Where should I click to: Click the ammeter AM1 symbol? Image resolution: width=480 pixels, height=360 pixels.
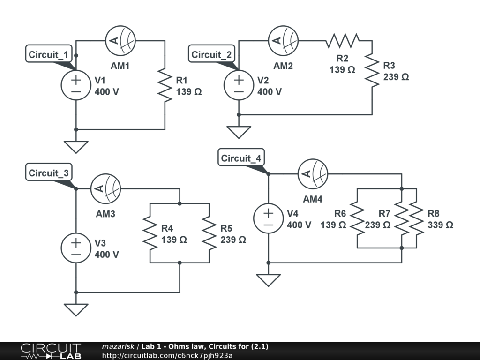tap(120, 41)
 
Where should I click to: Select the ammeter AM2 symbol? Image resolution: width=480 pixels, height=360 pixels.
tap(283, 41)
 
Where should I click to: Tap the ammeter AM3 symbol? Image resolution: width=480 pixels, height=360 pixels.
tap(105, 189)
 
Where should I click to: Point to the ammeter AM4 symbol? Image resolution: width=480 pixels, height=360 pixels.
tap(313, 174)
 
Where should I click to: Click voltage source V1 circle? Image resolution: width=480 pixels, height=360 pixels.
tap(76, 85)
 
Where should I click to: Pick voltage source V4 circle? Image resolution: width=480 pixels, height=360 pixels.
tap(268, 218)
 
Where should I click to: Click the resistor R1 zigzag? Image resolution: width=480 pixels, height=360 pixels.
tap(165, 85)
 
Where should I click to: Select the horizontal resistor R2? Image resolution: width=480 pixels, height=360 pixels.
tap(342, 41)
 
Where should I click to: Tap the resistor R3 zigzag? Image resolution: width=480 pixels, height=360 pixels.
tap(372, 70)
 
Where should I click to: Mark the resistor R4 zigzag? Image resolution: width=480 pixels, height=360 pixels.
tap(150, 233)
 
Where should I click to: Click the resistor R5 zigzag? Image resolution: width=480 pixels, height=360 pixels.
tap(209, 233)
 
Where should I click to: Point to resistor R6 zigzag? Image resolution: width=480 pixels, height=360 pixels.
tap(357, 218)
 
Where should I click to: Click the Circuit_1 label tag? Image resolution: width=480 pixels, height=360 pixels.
tap(49, 54)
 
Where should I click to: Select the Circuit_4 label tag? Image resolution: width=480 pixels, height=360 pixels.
tap(241, 158)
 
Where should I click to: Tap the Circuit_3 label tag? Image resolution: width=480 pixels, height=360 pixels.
tap(49, 173)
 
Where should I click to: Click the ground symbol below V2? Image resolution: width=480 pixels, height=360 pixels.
tap(239, 132)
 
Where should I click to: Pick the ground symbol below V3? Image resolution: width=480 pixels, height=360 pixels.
tap(76, 309)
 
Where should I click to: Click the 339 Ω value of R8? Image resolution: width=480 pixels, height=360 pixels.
tap(440, 225)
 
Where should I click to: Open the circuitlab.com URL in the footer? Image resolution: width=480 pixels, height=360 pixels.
tap(167, 355)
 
